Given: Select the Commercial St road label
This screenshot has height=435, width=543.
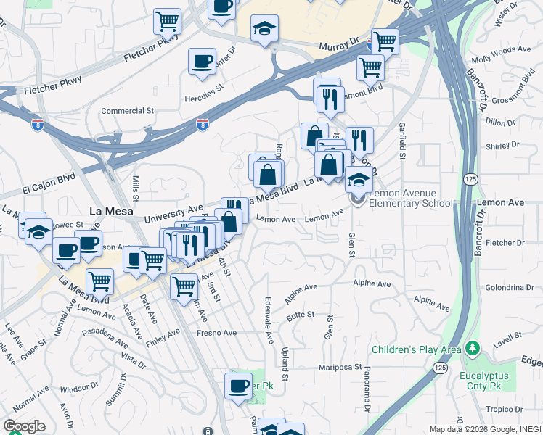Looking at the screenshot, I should [128, 111].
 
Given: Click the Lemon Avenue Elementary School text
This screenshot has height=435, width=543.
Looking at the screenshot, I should [410, 199].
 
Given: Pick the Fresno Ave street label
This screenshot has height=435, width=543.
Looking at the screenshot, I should [217, 333].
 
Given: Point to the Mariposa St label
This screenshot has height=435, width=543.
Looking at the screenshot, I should [340, 367].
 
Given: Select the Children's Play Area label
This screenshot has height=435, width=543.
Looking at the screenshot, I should [416, 350].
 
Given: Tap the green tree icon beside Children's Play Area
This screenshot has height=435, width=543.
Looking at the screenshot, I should [472, 349].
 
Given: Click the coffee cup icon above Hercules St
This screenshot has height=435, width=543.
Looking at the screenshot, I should [202, 60].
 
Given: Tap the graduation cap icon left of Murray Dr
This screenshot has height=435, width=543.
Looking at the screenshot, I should [264, 28].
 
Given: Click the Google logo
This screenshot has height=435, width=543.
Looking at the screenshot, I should [24, 426].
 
